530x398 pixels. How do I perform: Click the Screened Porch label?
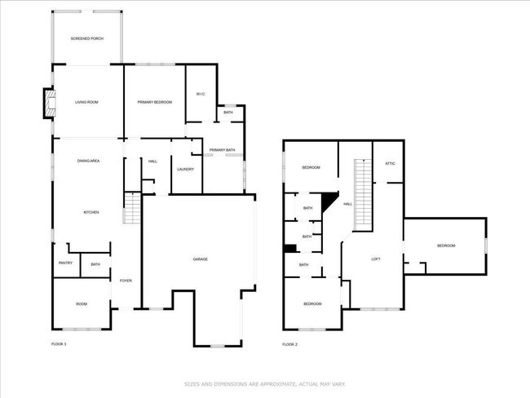pyautogui.click(x=87, y=38)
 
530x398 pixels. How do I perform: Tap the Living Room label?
pyautogui.click(x=86, y=102)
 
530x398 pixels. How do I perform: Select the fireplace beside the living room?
pyautogui.click(x=49, y=103)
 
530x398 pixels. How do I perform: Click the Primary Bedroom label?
pyautogui.click(x=154, y=102)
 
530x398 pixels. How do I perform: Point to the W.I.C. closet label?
pyautogui.click(x=201, y=94)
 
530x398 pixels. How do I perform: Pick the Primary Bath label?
pyautogui.click(x=222, y=150)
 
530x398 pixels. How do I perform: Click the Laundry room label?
pyautogui.click(x=186, y=169)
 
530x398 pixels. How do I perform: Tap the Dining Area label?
pyautogui.click(x=88, y=161)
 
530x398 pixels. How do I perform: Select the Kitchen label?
pyautogui.click(x=91, y=212)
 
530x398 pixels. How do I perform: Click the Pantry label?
pyautogui.click(x=65, y=263)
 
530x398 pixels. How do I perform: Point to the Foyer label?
pyautogui.click(x=126, y=281)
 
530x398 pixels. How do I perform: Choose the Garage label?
pyautogui.click(x=200, y=259)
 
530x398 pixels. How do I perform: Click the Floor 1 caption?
pyautogui.click(x=59, y=344)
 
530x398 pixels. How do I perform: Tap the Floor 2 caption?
pyautogui.click(x=289, y=344)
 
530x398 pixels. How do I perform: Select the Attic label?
pyautogui.click(x=390, y=163)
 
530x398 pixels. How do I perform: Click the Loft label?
pyautogui.click(x=376, y=259)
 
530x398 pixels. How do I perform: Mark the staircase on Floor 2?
pyautogui.click(x=363, y=195)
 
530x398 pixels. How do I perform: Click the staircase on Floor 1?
pyautogui.click(x=132, y=208)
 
